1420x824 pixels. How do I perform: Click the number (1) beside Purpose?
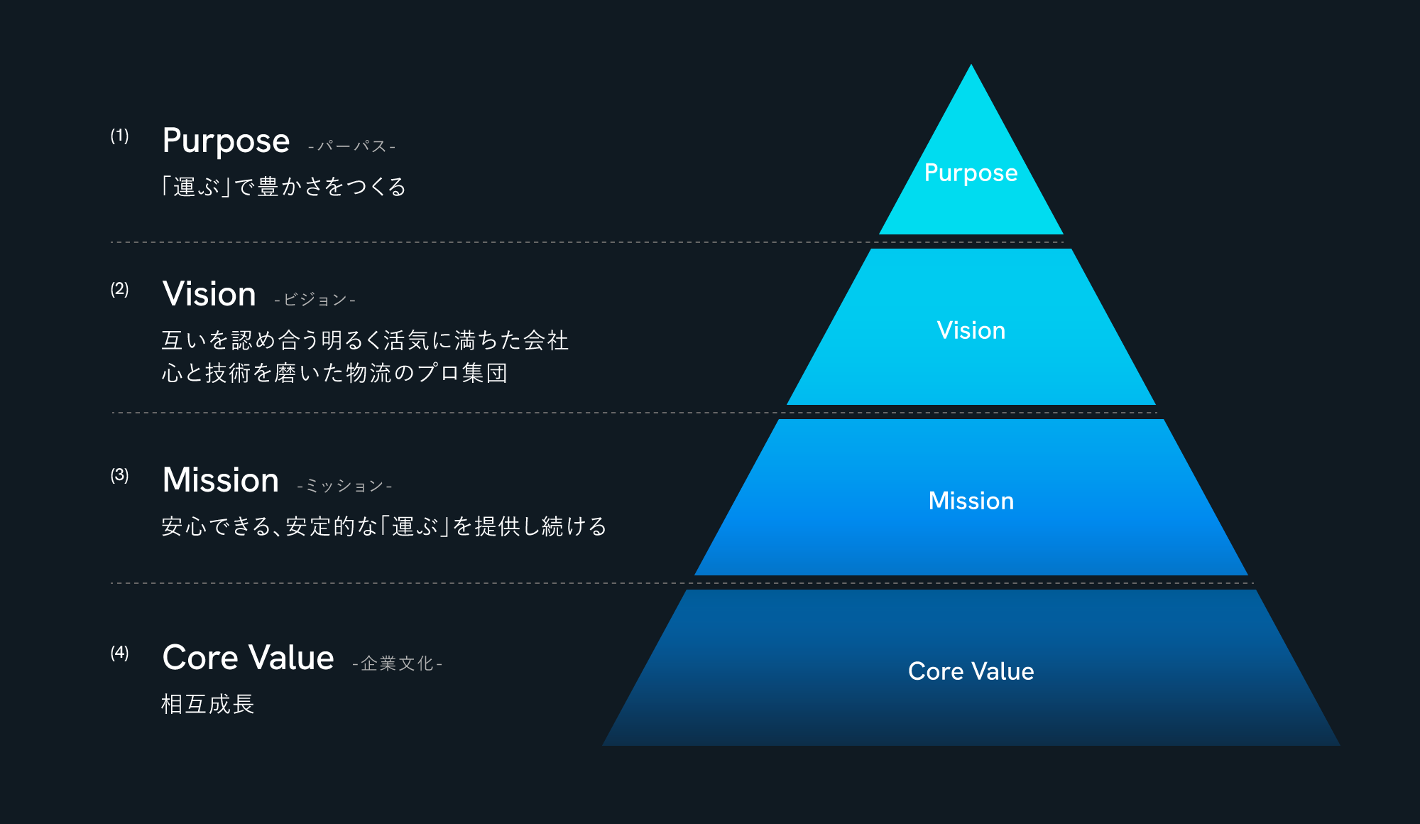119,136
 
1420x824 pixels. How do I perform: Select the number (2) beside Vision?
119,289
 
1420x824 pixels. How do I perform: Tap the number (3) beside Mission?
119,475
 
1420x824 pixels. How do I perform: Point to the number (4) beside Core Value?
119,653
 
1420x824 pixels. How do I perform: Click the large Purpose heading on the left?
226,141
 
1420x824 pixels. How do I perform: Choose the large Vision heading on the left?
209,294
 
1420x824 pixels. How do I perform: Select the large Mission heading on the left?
220,480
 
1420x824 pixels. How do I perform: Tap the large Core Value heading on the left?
248,658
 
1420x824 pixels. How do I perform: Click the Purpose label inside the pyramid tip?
971,173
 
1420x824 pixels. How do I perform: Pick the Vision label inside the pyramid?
971,330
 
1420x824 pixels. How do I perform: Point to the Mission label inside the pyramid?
971,501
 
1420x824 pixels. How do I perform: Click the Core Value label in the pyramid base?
971,671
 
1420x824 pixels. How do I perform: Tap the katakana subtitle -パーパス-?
351,146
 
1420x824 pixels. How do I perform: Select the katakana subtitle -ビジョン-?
315,300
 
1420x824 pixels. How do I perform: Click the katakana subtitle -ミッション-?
344,486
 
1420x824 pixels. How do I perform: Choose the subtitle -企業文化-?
397,663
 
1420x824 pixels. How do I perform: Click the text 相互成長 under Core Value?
207,704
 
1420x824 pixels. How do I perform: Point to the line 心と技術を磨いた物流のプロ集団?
334,373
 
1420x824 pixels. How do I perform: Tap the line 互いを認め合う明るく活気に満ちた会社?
365,340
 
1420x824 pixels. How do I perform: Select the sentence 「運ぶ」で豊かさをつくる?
283,187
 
